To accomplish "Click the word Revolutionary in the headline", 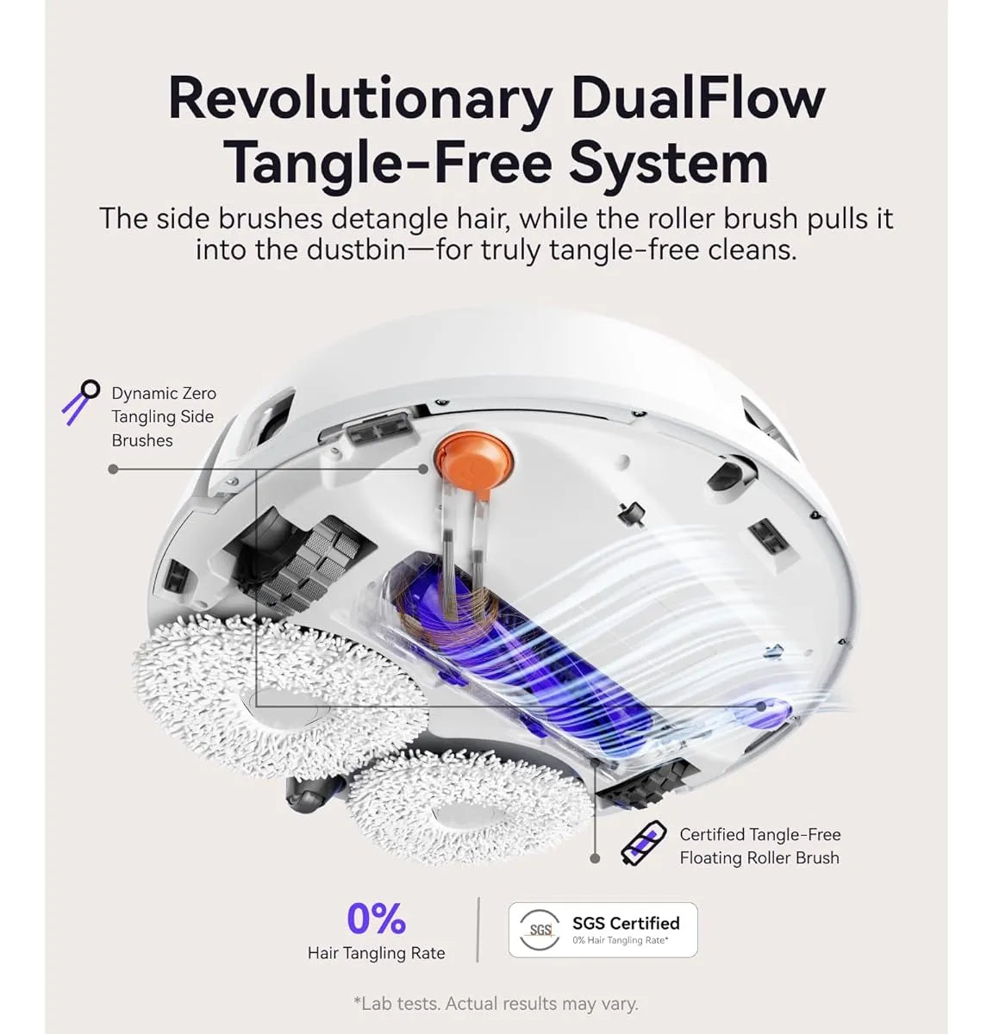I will pyautogui.click(x=360, y=100).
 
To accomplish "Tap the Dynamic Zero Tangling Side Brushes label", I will pyautogui.click(x=163, y=417).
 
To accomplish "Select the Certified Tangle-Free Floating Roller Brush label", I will pyautogui.click(x=759, y=846).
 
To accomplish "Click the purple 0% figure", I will pyautogui.click(x=376, y=919).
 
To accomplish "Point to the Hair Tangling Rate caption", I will pyautogui.click(x=376, y=953).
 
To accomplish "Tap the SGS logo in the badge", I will pyautogui.click(x=540, y=931).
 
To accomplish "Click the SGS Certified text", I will pyautogui.click(x=626, y=923).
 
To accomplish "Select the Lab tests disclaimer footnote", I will pyautogui.click(x=496, y=1004).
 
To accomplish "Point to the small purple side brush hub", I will pyautogui.click(x=766, y=707).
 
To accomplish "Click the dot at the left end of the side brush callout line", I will pyautogui.click(x=113, y=469).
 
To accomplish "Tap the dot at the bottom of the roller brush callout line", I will pyautogui.click(x=595, y=858).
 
